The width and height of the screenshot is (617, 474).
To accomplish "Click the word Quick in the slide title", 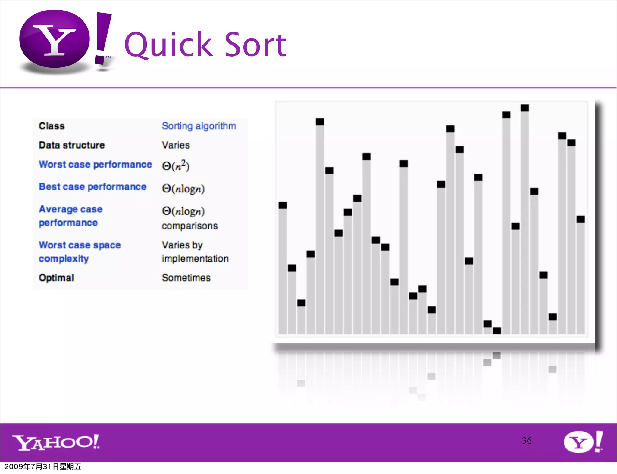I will [168, 45].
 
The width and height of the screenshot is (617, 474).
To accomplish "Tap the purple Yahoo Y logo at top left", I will [55, 39].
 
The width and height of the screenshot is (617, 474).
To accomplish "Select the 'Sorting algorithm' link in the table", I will [199, 126].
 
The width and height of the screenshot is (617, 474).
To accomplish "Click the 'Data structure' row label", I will [72, 145].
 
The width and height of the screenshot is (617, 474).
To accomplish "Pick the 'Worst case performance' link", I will [95, 164].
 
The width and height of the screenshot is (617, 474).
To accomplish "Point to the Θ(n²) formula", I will [176, 165].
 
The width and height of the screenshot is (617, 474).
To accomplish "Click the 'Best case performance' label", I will [92, 186].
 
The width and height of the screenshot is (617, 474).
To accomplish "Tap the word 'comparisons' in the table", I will [189, 226].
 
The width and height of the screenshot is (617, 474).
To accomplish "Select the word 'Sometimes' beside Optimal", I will [186, 277].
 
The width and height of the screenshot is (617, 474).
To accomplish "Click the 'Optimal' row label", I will [56, 277].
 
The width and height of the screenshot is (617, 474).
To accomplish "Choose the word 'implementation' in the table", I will [195, 258].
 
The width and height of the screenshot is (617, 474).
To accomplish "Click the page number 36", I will [527, 441].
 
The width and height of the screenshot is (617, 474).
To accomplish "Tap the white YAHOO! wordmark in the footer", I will [56, 442].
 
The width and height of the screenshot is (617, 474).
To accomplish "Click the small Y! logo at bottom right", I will [583, 442].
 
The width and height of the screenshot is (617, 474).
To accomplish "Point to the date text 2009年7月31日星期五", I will [43, 466].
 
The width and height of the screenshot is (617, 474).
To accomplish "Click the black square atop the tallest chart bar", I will [525, 108].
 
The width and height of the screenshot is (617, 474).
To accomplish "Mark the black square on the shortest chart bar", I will [497, 331].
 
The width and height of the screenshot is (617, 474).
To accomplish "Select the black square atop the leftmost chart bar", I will [283, 205].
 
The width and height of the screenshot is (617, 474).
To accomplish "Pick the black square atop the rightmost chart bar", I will [581, 219].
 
